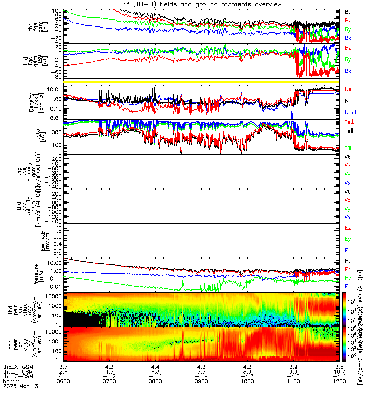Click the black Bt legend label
coord(348,11)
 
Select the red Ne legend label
coord(348,89)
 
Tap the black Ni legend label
coord(348,101)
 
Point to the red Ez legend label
coord(348,228)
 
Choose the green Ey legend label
coord(348,239)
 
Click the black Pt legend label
coord(348,260)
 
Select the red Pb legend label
coord(348,269)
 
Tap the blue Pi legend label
coord(348,286)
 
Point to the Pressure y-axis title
coord(37,274)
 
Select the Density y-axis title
coord(37,100)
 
